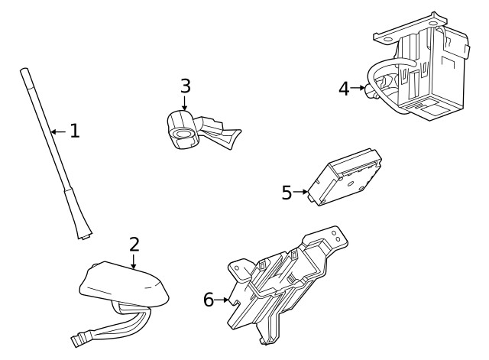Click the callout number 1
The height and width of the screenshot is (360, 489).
coord(74,131)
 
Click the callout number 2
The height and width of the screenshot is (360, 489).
coord(134,245)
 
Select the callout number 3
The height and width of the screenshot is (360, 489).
coord(185,86)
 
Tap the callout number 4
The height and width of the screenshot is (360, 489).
coord(344,89)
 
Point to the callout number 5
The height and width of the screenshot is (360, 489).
coord(287,193)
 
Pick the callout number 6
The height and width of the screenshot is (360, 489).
coord(209,300)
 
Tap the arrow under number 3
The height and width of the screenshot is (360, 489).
coord(185,104)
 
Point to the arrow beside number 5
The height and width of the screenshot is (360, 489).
coord(303,193)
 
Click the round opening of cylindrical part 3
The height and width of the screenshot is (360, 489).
coord(184,137)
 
